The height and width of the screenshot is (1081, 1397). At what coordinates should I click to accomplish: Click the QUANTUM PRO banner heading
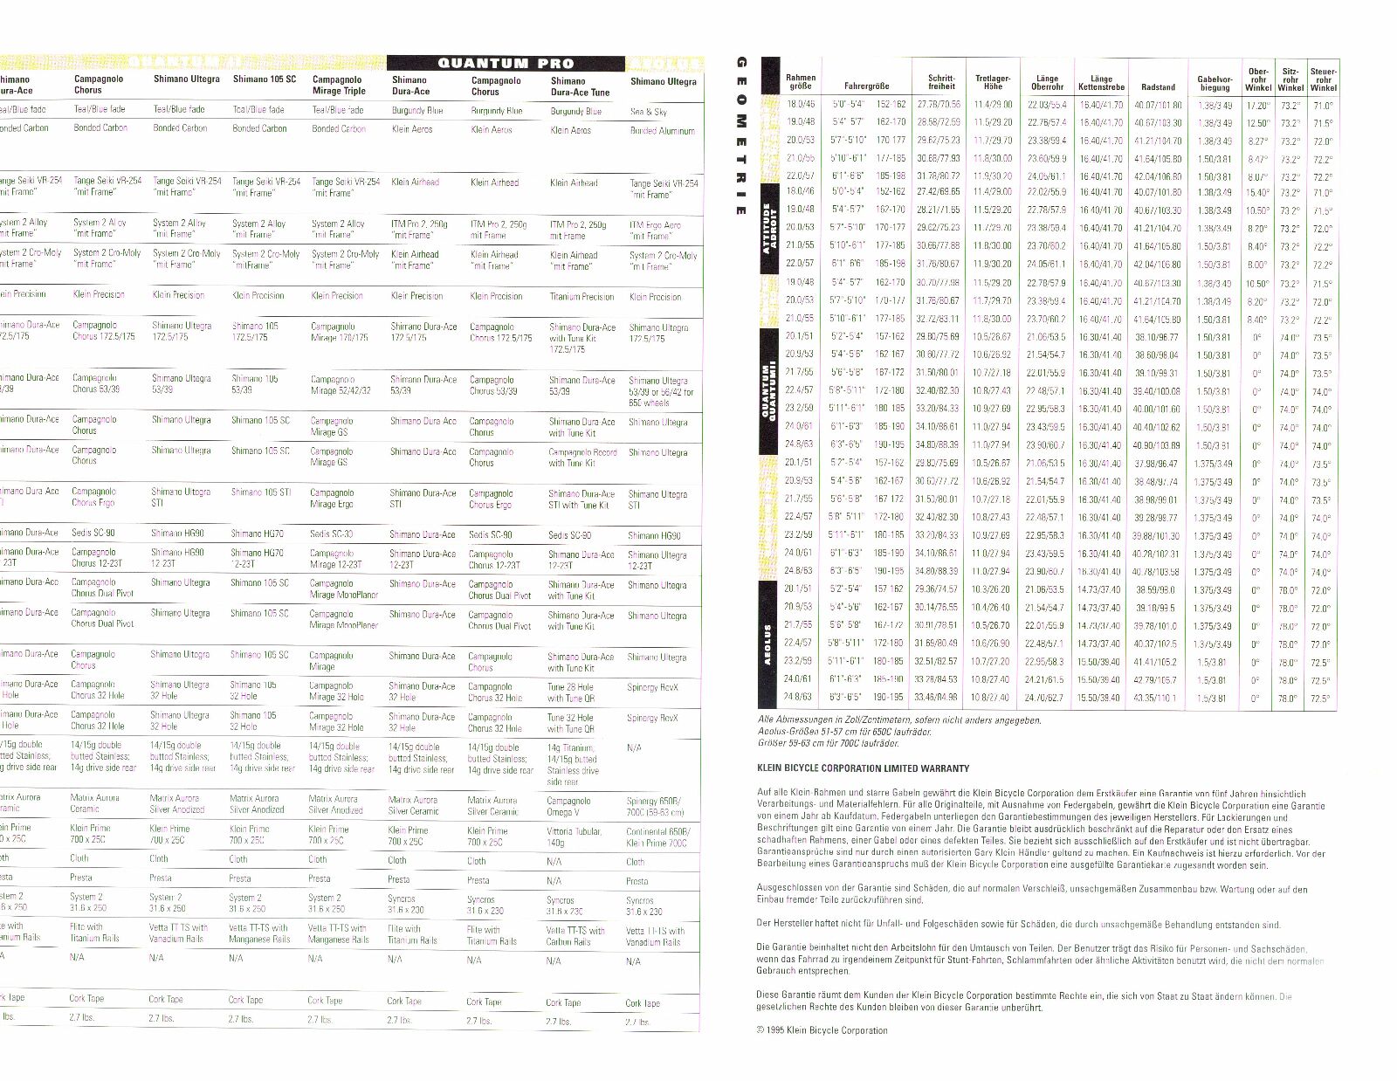pyautogui.click(x=506, y=63)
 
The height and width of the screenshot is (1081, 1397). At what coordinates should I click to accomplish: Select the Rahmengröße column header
pyautogui.click(x=800, y=82)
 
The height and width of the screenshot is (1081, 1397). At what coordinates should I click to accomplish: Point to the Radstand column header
pyautogui.click(x=1158, y=87)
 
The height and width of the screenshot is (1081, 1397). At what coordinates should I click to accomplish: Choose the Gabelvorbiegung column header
pyautogui.click(x=1215, y=83)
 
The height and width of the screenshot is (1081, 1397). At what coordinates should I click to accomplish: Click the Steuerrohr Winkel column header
pyautogui.click(x=1323, y=79)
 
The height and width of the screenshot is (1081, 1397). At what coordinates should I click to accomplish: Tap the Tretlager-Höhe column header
pyautogui.click(x=993, y=82)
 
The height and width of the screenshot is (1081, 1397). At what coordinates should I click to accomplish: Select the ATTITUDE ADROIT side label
pyautogui.click(x=769, y=228)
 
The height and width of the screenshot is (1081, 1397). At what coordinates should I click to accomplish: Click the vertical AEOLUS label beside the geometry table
pyautogui.click(x=767, y=644)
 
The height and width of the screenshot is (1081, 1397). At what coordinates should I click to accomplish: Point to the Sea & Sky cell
pyautogui.click(x=648, y=112)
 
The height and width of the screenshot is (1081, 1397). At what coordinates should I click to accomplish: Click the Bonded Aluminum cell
pyautogui.click(x=662, y=131)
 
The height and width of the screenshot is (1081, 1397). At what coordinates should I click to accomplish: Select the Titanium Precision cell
pyautogui.click(x=582, y=297)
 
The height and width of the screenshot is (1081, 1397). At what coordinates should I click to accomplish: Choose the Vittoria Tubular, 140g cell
pyautogui.click(x=575, y=837)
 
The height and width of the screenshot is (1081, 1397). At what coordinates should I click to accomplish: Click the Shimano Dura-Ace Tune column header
pyautogui.click(x=580, y=86)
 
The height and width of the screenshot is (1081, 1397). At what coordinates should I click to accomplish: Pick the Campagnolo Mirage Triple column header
pyautogui.click(x=339, y=85)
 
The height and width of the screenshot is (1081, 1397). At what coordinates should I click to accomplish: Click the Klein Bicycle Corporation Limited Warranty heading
pyautogui.click(x=863, y=768)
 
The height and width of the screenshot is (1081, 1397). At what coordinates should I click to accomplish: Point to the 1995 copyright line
pyautogui.click(x=823, y=1030)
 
